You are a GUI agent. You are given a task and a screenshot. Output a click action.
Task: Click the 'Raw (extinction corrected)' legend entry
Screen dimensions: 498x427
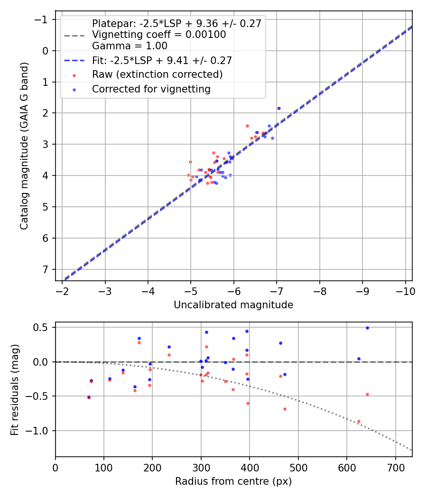point(157,74)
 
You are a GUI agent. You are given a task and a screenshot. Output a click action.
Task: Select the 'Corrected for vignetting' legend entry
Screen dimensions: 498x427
point(151,89)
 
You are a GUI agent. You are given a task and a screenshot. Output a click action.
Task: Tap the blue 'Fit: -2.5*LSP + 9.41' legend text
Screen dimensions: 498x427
point(162,60)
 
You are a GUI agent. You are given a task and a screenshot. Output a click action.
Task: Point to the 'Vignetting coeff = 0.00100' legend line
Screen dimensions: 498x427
point(159,35)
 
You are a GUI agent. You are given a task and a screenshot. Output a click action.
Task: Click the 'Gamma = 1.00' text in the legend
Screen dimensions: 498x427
point(130,46)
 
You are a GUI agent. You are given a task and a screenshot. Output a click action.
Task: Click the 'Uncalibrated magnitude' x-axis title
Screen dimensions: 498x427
point(233,305)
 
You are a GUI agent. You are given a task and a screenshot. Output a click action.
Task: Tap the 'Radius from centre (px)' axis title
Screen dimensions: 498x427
point(233,481)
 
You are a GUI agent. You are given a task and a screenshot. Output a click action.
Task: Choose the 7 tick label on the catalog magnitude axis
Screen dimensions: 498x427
point(46,269)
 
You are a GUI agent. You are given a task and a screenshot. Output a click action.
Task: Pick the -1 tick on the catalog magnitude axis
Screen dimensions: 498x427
point(43,19)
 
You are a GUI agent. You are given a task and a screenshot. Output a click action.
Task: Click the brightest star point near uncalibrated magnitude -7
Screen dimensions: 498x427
point(278,108)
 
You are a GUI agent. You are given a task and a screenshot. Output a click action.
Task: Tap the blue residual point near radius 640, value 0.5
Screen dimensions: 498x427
point(367,328)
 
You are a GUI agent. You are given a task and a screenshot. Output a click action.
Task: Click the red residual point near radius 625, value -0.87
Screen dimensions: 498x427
point(359,421)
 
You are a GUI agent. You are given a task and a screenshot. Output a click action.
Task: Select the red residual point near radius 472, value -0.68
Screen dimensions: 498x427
point(285,409)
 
